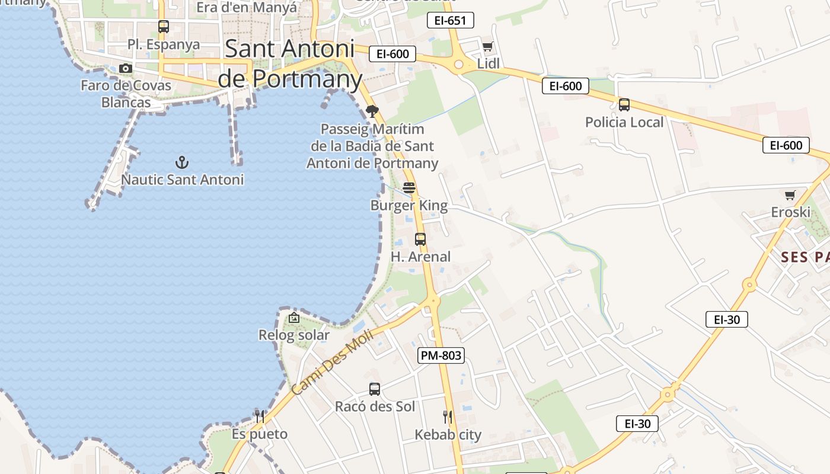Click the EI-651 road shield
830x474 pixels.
pos(451,21)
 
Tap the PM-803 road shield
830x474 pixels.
pos(440,355)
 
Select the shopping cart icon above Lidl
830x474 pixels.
pos(487,46)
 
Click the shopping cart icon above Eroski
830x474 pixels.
pos(790,195)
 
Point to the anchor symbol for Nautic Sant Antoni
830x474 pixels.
pos(182,162)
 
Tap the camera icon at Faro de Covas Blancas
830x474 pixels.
pos(126,68)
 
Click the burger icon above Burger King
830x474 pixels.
pos(409,188)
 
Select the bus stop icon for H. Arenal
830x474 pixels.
pos(420,239)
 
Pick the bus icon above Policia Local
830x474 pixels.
pos(624,105)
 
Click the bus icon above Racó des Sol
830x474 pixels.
pos(375,389)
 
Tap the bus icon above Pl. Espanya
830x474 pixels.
pos(163,27)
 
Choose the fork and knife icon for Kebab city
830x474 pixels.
pos(448,417)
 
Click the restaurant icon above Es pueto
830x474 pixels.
pos(259,416)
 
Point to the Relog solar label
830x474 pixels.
pos(293,335)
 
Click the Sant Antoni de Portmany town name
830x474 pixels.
pos(290,63)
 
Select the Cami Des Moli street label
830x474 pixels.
pos(332,363)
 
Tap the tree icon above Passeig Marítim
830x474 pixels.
pos(372,111)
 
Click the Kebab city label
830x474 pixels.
pos(448,434)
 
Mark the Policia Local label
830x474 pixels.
pos(624,122)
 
